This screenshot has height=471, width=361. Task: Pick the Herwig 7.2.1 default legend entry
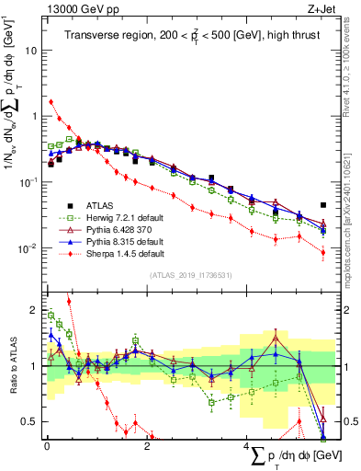point(115,217)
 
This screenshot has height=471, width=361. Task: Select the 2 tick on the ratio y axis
point(35,310)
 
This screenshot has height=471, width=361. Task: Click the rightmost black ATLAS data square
point(322,205)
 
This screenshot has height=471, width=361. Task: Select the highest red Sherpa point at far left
point(51,102)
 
